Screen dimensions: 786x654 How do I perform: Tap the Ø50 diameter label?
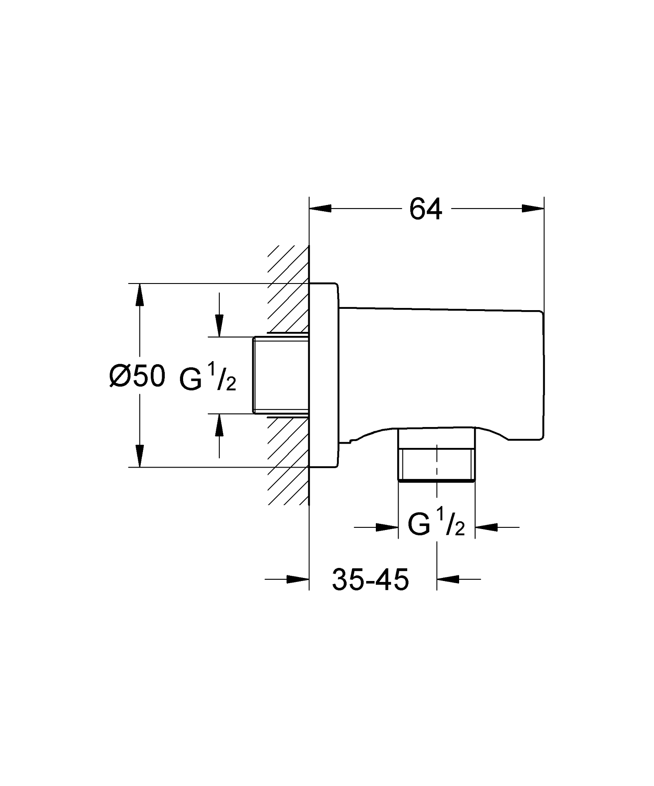pos(137,376)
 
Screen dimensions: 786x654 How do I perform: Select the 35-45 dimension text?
pos(370,580)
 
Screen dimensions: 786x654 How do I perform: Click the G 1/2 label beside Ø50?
pos(208,378)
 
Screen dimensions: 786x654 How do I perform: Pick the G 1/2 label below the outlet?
pos(436,524)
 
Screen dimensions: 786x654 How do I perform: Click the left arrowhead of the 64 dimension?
pos(320,209)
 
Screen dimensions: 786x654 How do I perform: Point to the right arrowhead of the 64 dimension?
pos(533,209)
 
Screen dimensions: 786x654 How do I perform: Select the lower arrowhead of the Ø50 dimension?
pos(139,455)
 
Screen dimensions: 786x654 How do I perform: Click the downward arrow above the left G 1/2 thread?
pos(219,325)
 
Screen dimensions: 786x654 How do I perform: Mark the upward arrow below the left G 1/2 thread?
pos(219,425)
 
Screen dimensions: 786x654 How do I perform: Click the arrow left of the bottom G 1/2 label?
pos(388,527)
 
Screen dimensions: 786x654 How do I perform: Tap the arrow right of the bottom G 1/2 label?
pos(486,527)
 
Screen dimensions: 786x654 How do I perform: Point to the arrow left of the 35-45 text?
pos(298,579)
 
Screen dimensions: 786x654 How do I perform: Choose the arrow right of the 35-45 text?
pos(448,579)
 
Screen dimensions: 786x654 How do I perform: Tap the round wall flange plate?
pos(323,375)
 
